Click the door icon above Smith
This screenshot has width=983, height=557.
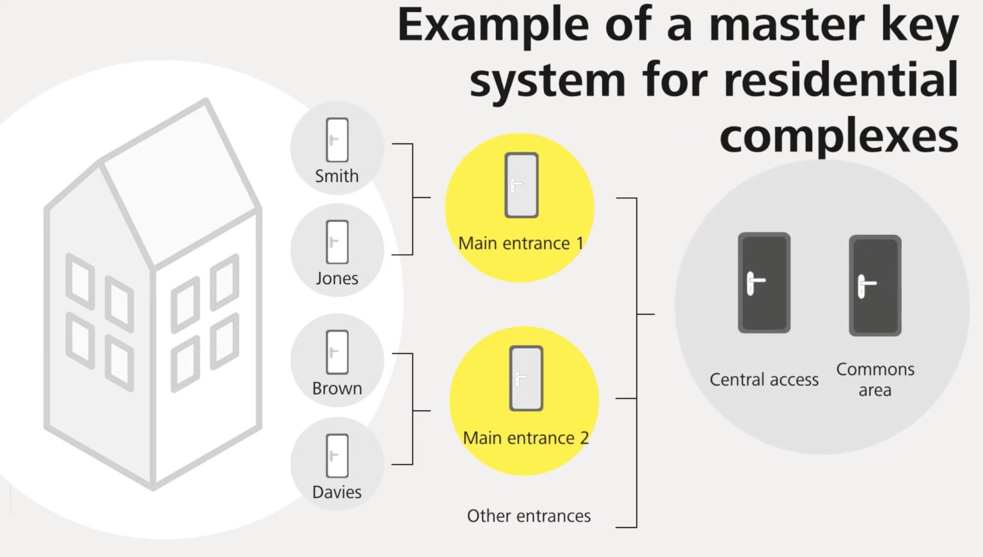click(x=337, y=140)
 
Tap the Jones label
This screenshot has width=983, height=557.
click(x=337, y=278)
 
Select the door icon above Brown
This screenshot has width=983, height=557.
click(x=337, y=351)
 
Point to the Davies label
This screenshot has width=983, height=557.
click(x=337, y=492)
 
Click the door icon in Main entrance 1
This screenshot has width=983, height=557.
click(x=521, y=185)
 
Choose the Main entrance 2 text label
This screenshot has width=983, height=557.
click(x=525, y=438)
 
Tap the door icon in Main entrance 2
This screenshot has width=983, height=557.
click(x=526, y=378)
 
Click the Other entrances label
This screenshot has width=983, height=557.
click(x=529, y=516)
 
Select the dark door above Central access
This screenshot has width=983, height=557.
click(x=763, y=282)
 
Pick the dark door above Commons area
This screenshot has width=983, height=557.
click(x=875, y=286)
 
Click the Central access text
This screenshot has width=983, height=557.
click(x=763, y=380)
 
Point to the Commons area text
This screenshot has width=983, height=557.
click(x=875, y=380)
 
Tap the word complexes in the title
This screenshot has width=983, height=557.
click(x=838, y=136)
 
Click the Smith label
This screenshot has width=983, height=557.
click(x=337, y=176)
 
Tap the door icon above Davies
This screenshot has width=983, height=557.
click(x=337, y=456)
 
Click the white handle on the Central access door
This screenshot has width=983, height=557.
click(x=755, y=282)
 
